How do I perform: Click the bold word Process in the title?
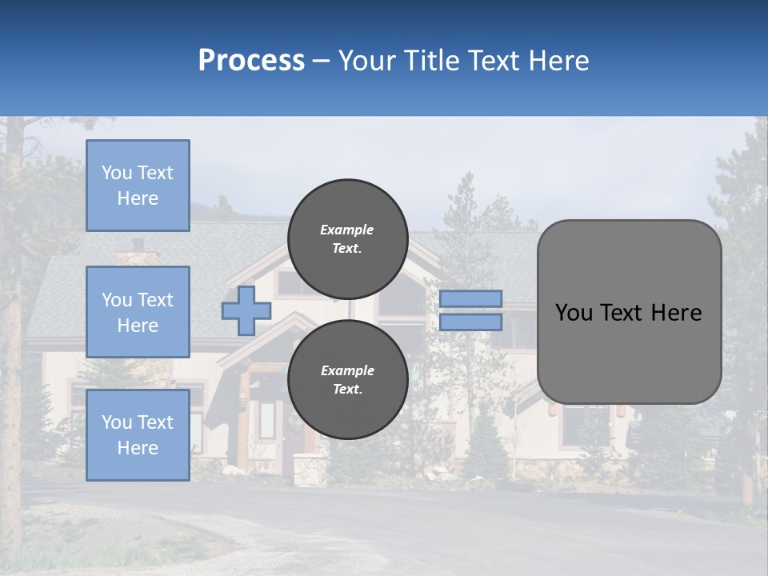251,61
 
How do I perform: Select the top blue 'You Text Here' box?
138,186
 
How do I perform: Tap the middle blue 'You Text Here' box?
138,312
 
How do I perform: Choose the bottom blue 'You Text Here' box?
138,434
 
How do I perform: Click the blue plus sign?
246,310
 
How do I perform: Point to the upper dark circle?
347,239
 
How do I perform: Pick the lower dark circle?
347,380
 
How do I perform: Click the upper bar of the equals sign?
470,298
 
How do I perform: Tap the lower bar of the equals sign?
470,322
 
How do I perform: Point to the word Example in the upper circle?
347,230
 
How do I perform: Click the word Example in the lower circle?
347,370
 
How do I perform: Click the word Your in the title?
365,61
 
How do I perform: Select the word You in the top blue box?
116,173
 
